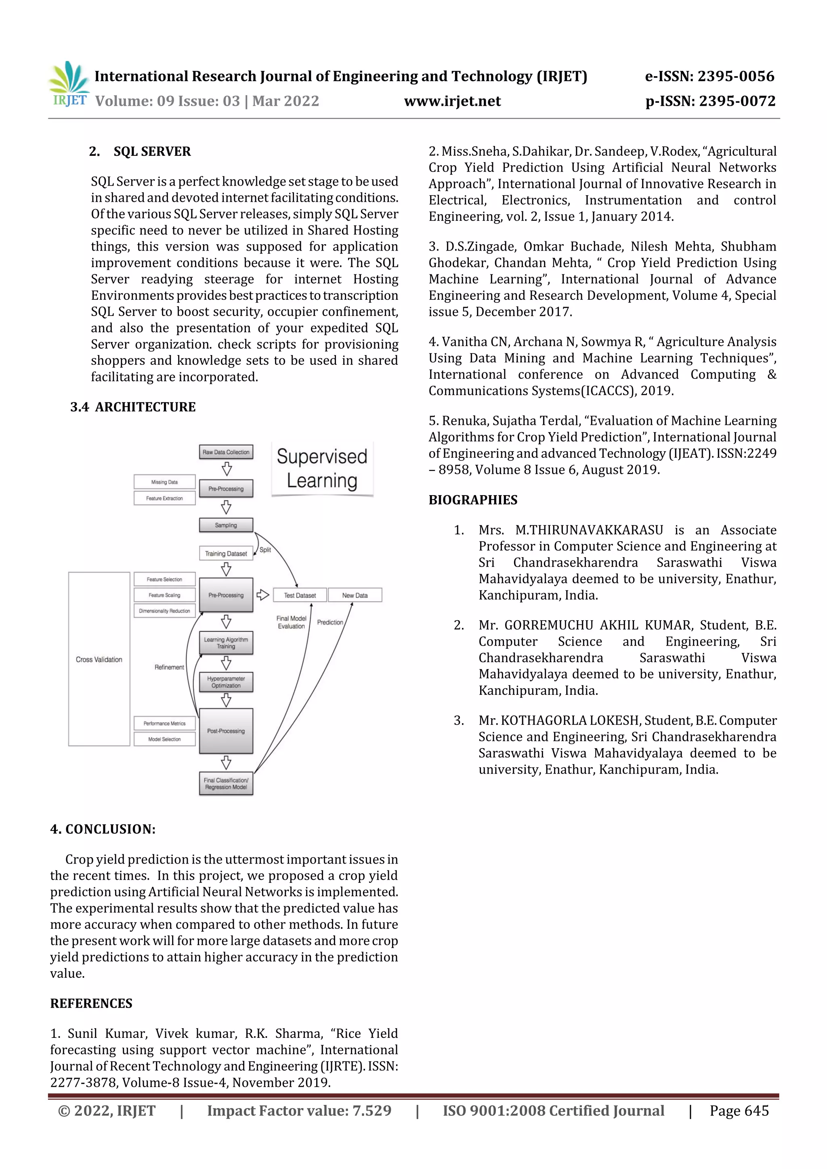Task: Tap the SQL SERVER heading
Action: pyautogui.click(x=152, y=152)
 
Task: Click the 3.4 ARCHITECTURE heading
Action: pyautogui.click(x=133, y=407)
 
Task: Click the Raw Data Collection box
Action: pyautogui.click(x=226, y=452)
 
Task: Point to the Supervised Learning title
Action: pyautogui.click(x=322, y=468)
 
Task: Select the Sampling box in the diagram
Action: pyautogui.click(x=226, y=525)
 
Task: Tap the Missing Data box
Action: pyautogui.click(x=164, y=482)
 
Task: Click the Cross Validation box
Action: pyautogui.click(x=99, y=659)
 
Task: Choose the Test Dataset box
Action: pyautogui.click(x=300, y=595)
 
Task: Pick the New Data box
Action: pyautogui.click(x=355, y=595)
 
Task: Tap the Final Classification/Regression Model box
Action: pyautogui.click(x=226, y=784)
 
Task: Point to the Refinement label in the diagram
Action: pyautogui.click(x=169, y=667)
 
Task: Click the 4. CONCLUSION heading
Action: pyautogui.click(x=103, y=829)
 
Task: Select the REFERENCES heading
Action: pyautogui.click(x=91, y=1004)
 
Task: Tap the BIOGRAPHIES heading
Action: pyautogui.click(x=473, y=500)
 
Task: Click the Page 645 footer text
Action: pyautogui.click(x=739, y=1110)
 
